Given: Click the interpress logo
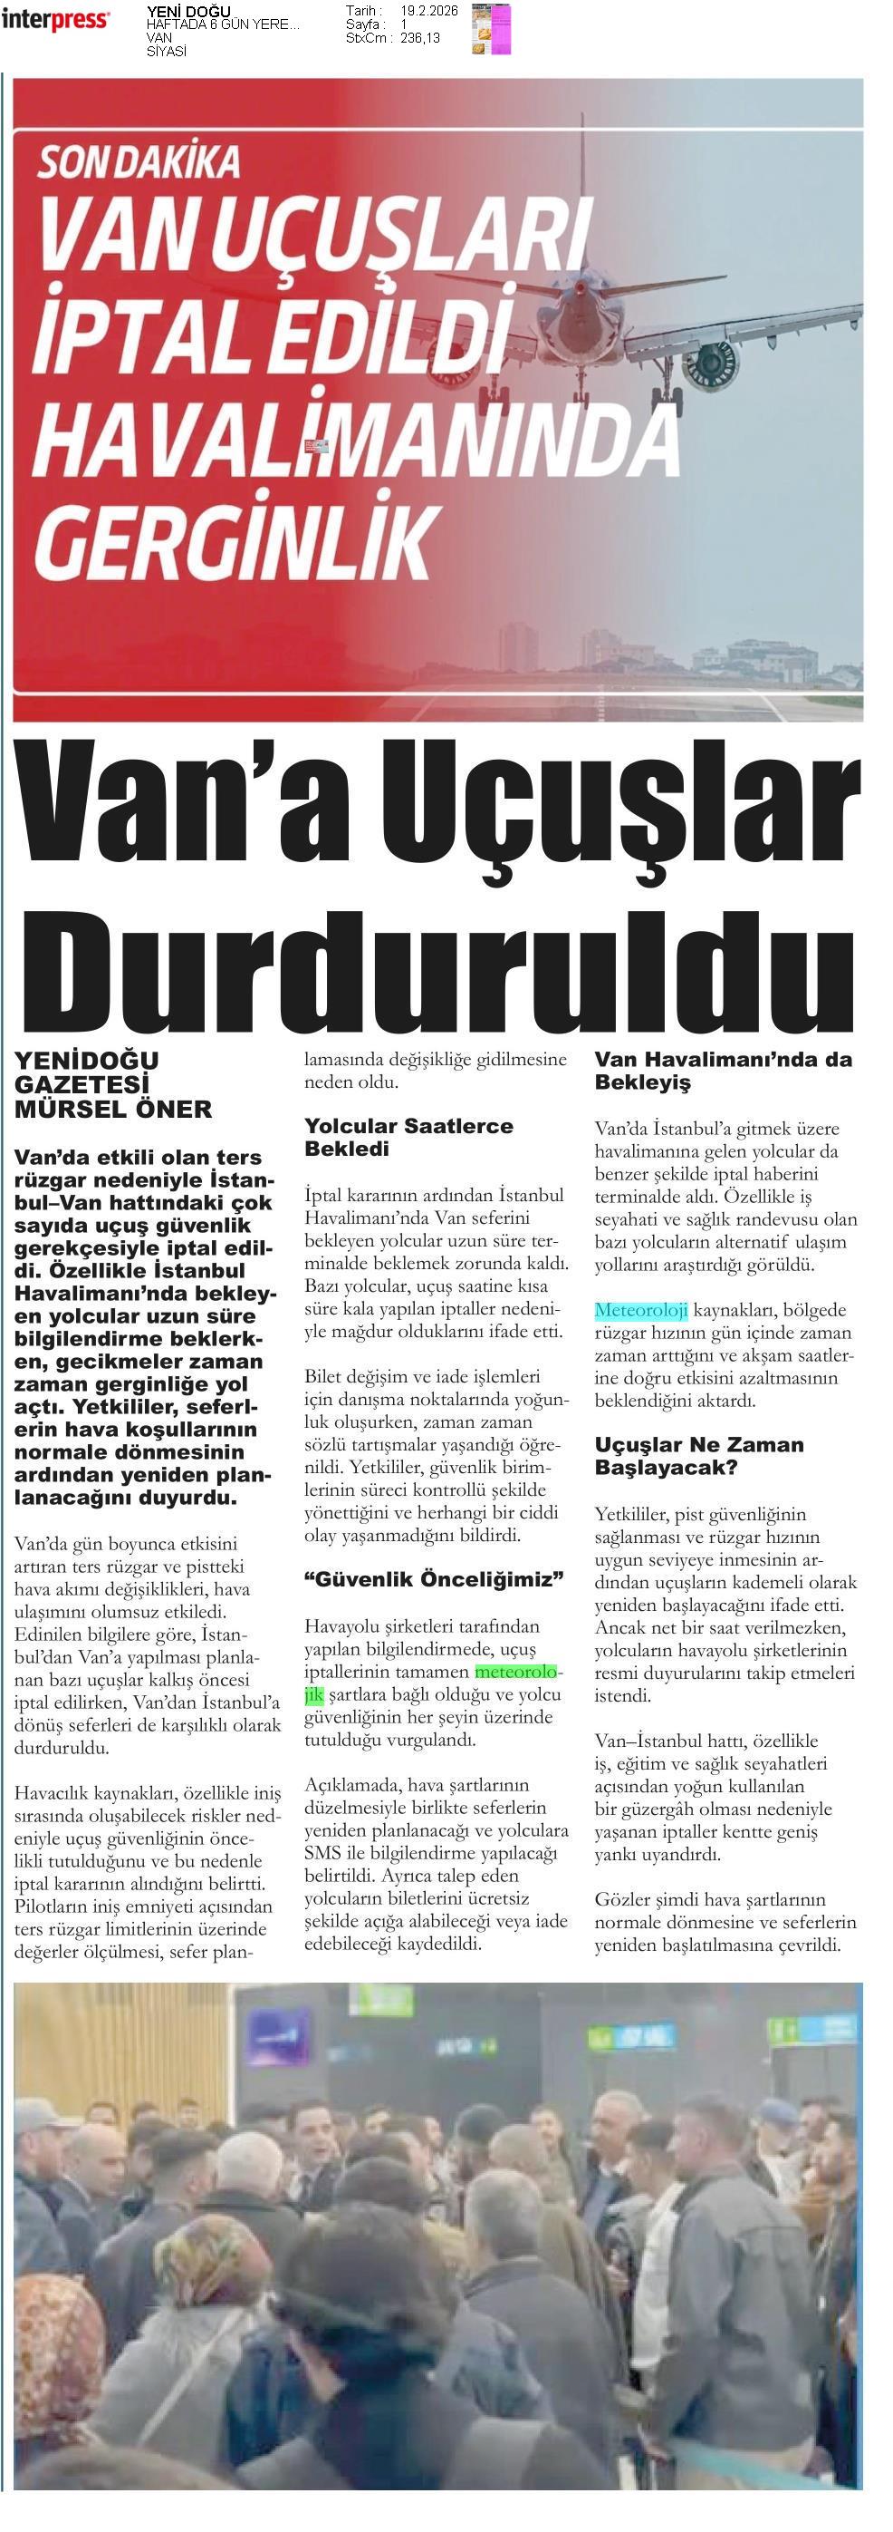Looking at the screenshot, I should point(55,19).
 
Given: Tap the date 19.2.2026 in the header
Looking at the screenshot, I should point(428,11).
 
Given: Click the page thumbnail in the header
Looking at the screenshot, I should point(491,26).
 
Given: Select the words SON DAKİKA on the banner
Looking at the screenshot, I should point(139,162).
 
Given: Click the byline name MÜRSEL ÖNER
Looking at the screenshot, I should point(113,1110).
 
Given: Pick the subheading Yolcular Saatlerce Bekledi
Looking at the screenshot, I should point(408,1136).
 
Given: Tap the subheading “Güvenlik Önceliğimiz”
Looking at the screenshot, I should point(433,1579).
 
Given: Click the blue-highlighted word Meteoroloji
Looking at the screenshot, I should point(640,1310).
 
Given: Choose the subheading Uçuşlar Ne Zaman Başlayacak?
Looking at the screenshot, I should point(698,1456).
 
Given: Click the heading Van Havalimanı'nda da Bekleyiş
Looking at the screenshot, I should point(722,1071).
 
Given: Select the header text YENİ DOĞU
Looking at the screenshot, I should point(187,12).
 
